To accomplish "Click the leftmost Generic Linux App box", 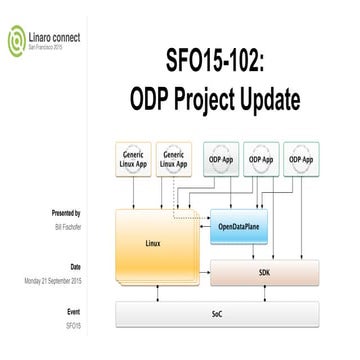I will pyautogui.click(x=138, y=159).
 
